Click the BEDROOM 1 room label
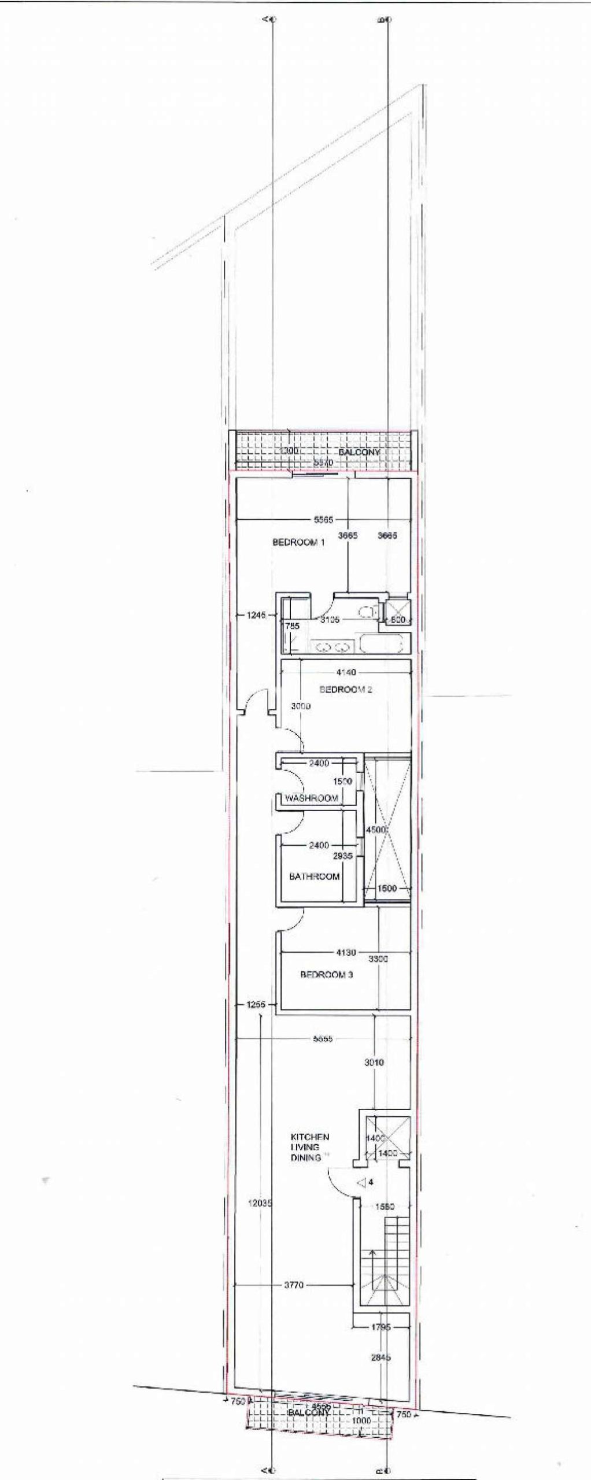(x=298, y=542)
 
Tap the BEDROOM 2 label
(x=345, y=689)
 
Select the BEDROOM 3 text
(x=326, y=975)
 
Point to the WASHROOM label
(x=311, y=798)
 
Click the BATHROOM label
(x=314, y=876)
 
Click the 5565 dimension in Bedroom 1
(x=323, y=520)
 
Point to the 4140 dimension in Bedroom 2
(x=346, y=672)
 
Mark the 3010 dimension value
(x=374, y=1062)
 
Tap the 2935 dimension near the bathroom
(x=342, y=856)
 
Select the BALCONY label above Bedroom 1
(x=359, y=452)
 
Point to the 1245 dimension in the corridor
(x=256, y=615)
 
